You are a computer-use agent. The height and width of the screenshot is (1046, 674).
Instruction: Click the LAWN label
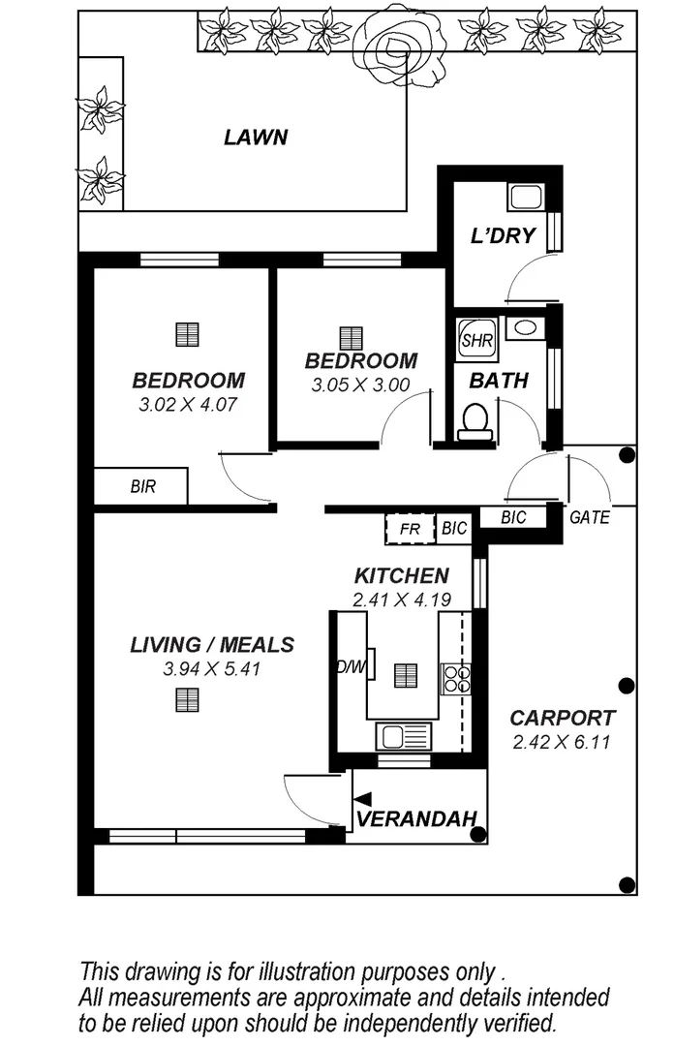(256, 137)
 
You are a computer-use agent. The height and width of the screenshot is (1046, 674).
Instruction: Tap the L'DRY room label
(503, 235)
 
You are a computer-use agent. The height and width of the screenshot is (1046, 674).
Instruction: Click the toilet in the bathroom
(475, 421)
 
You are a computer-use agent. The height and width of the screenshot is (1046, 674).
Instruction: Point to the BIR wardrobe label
(143, 486)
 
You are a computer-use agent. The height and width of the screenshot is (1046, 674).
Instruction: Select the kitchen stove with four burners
(456, 677)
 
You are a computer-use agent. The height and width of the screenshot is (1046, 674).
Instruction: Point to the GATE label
(589, 518)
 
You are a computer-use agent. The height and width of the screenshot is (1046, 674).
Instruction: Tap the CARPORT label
(562, 719)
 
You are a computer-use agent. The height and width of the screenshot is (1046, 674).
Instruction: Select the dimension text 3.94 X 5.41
(212, 668)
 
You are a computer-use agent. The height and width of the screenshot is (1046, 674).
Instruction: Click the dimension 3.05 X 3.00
(360, 385)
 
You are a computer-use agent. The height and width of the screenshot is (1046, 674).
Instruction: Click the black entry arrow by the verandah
(362, 798)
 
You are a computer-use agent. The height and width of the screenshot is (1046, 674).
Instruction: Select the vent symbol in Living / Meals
(187, 699)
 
